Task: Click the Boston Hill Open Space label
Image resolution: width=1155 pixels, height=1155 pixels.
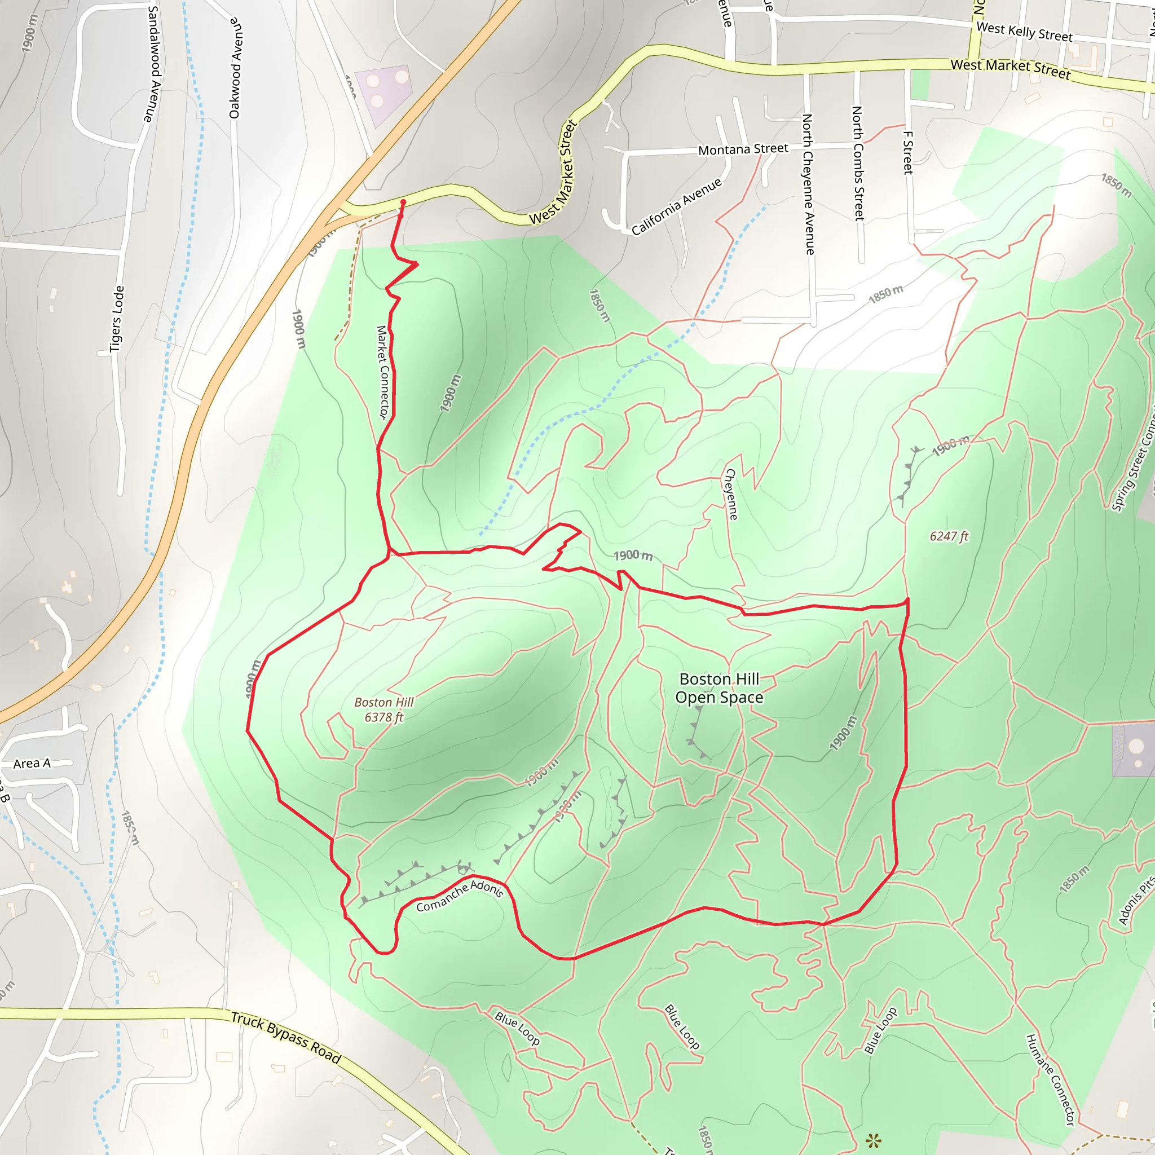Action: [719, 688]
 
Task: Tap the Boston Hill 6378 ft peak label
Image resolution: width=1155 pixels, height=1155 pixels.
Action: [384, 709]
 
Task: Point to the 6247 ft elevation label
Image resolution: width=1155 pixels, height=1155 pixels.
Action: [949, 536]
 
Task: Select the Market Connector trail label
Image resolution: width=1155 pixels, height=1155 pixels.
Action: [382, 372]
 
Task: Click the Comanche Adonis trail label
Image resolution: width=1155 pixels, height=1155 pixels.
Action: [460, 895]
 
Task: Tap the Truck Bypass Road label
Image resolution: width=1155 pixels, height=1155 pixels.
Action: [286, 1037]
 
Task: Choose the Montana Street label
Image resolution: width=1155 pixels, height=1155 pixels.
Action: [743, 149]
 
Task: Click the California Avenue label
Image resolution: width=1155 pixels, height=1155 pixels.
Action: [677, 206]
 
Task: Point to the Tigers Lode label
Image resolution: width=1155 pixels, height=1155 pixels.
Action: [117, 319]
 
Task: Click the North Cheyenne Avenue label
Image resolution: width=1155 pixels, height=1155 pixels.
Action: [808, 184]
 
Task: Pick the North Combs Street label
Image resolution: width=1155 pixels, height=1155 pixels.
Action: [858, 163]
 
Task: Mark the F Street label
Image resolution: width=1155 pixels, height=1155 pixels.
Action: [908, 153]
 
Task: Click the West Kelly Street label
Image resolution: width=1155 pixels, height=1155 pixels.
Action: [1024, 32]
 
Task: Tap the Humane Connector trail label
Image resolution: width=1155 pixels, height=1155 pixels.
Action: [1050, 1079]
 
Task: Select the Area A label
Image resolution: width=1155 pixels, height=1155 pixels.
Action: [32, 764]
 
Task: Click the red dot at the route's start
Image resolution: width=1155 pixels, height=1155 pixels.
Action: [403, 202]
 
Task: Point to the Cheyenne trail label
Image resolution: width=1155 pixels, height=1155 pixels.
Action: [731, 494]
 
